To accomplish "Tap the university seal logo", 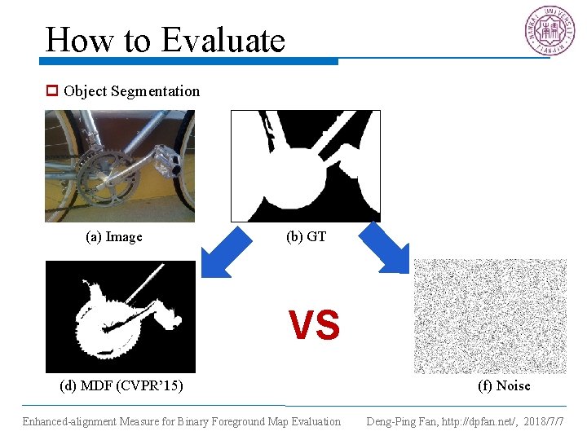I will pyautogui.click(x=549, y=31).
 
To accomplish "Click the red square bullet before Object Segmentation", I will pyautogui.click(x=52, y=91).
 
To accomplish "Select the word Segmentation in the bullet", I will pyautogui.click(x=155, y=91).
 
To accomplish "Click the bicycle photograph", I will pyautogui.click(x=120, y=165).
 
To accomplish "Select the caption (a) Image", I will pyautogui.click(x=114, y=237).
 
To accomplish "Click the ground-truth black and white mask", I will pyautogui.click(x=306, y=165).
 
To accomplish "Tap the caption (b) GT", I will pyautogui.click(x=306, y=237).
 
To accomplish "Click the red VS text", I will pyautogui.click(x=314, y=326).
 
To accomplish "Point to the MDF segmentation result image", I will pyautogui.click(x=120, y=316).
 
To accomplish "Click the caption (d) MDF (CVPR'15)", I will pyautogui.click(x=121, y=385).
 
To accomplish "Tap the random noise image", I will pyautogui.click(x=489, y=316).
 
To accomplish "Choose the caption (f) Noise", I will pyautogui.click(x=504, y=385).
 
